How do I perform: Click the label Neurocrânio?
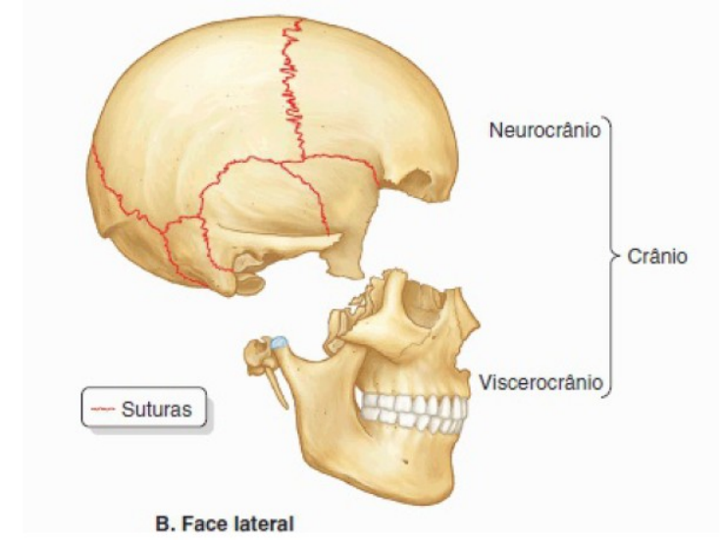544,129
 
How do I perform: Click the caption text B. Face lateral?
225,523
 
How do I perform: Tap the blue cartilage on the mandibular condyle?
280,342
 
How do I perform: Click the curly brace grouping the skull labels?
610,257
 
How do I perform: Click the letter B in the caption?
161,523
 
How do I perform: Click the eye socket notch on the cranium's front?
417,184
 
